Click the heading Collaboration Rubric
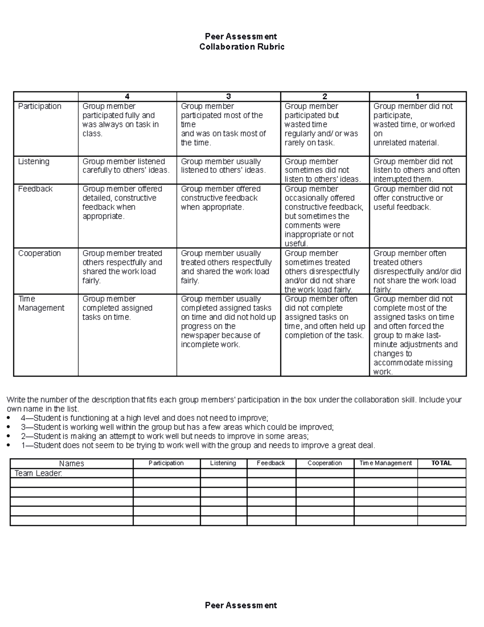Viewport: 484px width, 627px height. [x=242, y=47]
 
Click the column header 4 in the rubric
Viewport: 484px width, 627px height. [x=127, y=96]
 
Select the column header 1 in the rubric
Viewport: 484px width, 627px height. [x=417, y=96]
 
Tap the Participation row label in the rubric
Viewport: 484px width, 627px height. [x=40, y=106]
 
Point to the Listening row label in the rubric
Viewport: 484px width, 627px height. [x=33, y=161]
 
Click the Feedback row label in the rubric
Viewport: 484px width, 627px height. [x=35, y=189]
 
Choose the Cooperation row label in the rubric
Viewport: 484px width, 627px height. [x=39, y=253]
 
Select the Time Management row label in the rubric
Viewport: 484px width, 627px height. [x=41, y=304]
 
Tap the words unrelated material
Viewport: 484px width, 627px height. [x=405, y=143]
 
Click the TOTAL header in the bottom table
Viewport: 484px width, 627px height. [x=441, y=463]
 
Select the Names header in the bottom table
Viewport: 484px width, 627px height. [x=71, y=463]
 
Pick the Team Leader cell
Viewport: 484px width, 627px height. [x=38, y=473]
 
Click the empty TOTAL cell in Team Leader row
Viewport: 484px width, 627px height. [x=442, y=473]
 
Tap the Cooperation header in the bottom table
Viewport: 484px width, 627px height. [x=325, y=463]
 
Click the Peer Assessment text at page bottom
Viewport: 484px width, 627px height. [x=241, y=605]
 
